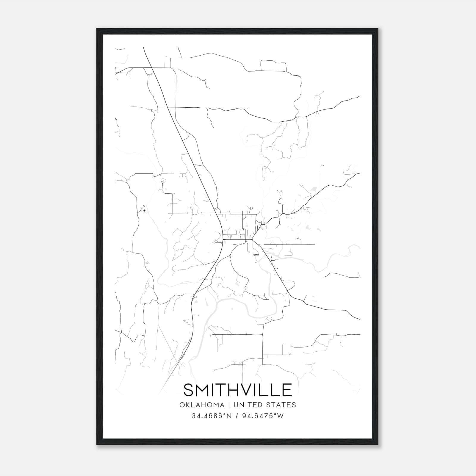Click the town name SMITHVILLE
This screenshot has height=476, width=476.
(237, 390)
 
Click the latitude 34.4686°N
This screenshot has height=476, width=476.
(211, 416)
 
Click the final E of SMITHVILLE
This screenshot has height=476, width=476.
(287, 390)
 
